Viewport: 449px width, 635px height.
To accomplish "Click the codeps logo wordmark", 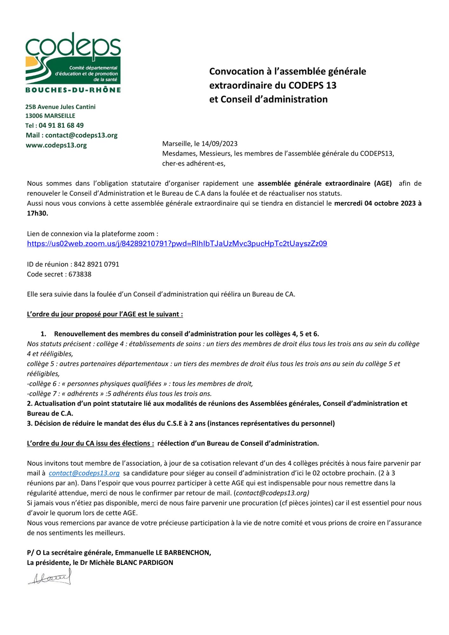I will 73,46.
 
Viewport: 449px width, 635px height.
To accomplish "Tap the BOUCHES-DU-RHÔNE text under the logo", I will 73,90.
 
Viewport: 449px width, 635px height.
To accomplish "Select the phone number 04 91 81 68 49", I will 61,125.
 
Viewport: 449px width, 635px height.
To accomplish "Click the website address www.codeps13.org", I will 56,145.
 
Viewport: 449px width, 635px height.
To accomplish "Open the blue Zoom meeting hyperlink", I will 177,244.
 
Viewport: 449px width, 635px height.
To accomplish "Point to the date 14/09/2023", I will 220,144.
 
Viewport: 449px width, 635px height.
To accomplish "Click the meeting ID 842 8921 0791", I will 96,264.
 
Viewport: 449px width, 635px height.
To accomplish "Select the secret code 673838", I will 80,274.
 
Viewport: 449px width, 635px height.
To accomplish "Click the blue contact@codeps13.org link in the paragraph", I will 84,473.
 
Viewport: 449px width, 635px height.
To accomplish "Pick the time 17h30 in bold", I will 37,213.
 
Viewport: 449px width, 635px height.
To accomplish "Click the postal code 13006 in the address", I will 34,116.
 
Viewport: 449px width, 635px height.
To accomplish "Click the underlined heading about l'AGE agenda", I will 105,314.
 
